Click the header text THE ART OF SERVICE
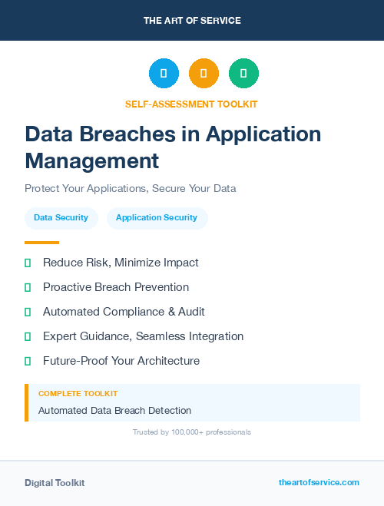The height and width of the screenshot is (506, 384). coord(192,21)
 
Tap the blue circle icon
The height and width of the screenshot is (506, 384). coord(164,74)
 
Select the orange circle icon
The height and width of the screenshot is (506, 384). coord(204,74)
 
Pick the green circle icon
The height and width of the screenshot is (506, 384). coord(243,74)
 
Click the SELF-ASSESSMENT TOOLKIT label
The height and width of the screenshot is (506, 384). coord(191,104)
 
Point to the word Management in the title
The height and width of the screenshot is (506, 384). coord(92,160)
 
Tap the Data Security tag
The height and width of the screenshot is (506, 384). coord(61,218)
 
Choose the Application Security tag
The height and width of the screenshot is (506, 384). coord(157,218)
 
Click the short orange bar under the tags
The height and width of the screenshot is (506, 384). coord(41,242)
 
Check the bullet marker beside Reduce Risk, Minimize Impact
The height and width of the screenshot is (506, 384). coord(28,263)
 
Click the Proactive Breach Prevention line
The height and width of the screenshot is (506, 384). coord(116,287)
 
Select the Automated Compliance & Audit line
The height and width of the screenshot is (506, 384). coord(124,312)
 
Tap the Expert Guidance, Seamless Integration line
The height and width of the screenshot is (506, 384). coord(143,336)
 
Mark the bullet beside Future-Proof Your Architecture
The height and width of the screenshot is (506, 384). coord(28,361)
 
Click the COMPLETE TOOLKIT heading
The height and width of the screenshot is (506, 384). coord(72,393)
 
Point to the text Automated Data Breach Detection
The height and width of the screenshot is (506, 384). coord(115,410)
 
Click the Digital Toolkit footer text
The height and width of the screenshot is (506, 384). coord(55,483)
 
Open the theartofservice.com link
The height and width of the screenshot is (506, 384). coord(319,482)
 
